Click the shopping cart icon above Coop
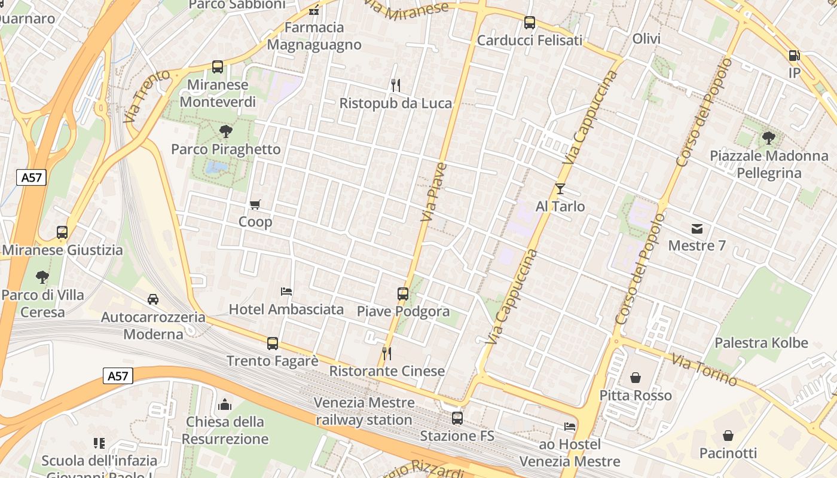pos(255,205)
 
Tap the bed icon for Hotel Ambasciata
pos(286,292)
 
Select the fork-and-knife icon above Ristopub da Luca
pos(395,85)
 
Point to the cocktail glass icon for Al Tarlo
pos(560,189)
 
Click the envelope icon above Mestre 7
pos(697,228)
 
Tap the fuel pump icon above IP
pos(794,56)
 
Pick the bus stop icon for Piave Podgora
pos(403,294)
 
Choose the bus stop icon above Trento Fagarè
pos(273,344)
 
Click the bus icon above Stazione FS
pos(457,418)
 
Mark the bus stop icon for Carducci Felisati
pos(529,23)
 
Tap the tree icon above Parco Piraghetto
pos(225,131)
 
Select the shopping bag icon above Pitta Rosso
pos(636,378)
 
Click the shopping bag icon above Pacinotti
pos(728,436)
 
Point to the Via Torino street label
pos(704,369)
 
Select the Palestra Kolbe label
pos(761,343)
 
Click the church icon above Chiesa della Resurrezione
pos(225,405)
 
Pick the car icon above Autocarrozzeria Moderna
pos(153,299)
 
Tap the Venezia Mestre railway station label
pos(363,411)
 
